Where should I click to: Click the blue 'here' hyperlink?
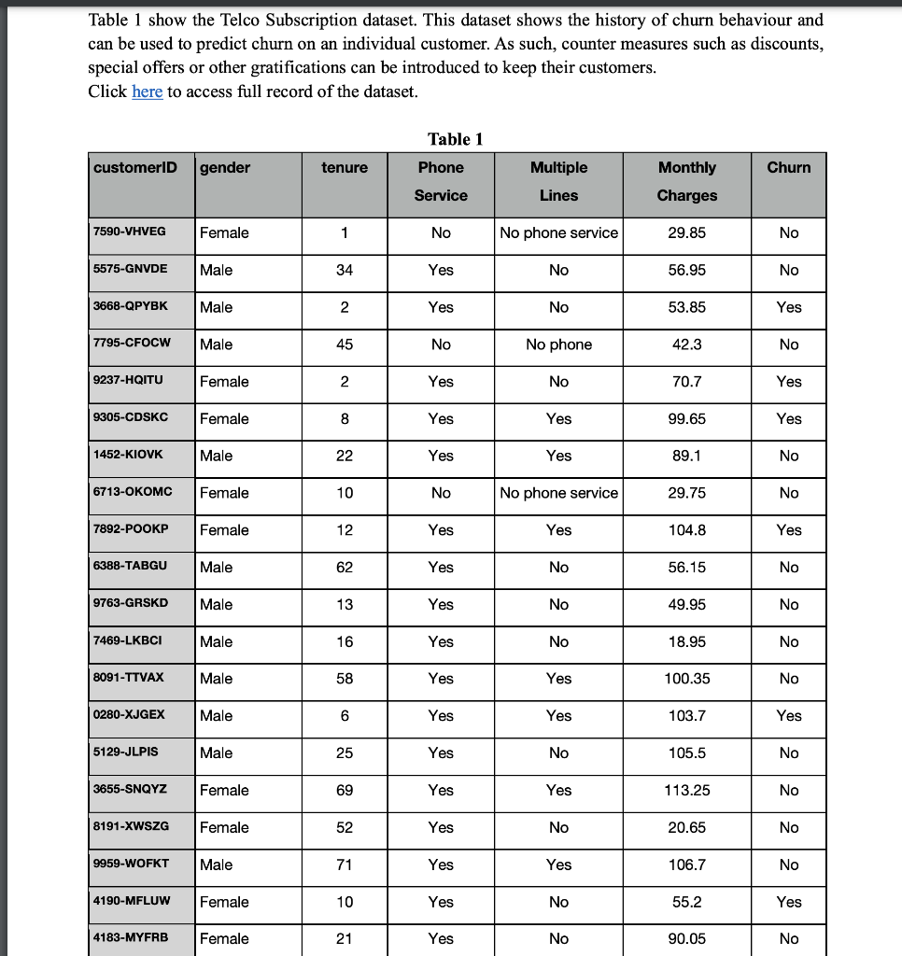(147, 91)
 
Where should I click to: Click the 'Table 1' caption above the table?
(455, 139)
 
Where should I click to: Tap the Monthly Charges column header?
(686, 181)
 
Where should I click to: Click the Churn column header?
(788, 168)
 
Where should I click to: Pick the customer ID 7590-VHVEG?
(130, 232)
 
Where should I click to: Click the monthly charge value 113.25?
(686, 790)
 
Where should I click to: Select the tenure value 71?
(345, 865)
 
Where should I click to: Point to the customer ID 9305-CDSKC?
(131, 417)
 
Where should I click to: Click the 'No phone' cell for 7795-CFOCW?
(558, 344)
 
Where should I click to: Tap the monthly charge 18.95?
(686, 641)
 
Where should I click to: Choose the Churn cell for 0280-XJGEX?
(788, 715)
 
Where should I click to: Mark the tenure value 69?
(345, 790)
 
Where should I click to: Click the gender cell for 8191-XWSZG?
(224, 827)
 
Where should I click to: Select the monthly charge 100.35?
(686, 679)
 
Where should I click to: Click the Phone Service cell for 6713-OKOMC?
(441, 493)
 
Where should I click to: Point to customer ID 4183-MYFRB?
(131, 937)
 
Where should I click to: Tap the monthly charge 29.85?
(686, 232)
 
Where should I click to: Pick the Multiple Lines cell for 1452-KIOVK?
(558, 456)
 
